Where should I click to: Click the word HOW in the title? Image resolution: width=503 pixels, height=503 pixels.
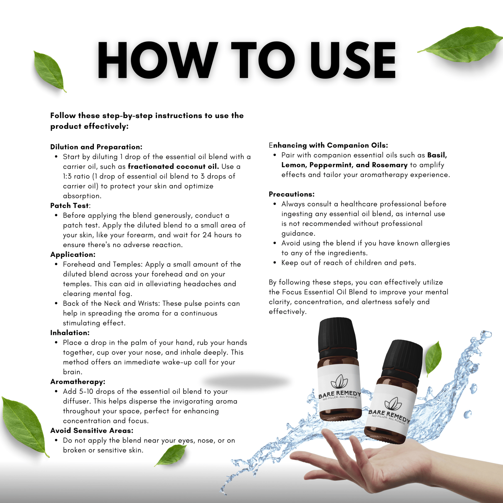click(x=157, y=60)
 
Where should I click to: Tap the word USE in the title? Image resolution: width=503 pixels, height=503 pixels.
click(x=353, y=60)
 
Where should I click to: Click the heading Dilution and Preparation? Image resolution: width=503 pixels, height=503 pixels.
click(x=96, y=147)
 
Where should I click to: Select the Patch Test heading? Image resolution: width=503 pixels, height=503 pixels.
click(x=70, y=205)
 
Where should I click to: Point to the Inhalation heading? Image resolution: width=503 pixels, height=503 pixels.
click(x=70, y=332)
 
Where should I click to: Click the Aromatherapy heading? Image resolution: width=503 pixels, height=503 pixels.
click(x=78, y=382)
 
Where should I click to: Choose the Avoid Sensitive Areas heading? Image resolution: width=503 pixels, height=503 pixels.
click(x=92, y=430)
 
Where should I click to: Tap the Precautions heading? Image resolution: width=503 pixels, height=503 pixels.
click(x=292, y=194)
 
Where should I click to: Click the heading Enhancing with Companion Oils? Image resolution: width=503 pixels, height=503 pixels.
click(x=328, y=145)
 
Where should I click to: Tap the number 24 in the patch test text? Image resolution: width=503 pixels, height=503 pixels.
click(x=207, y=235)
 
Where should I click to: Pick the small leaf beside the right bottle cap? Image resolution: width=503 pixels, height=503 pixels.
click(x=433, y=359)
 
